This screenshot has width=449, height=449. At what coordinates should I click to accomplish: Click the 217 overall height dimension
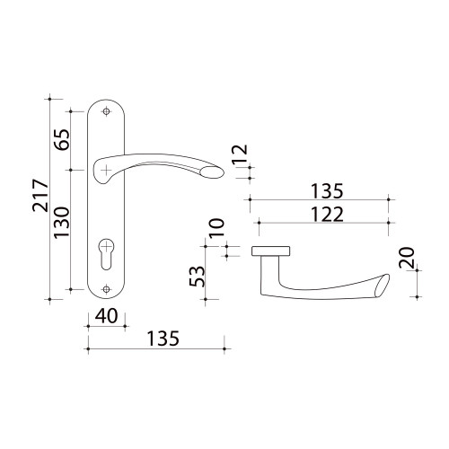coord(40,196)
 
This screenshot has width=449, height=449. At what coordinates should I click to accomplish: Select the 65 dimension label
coord(62,140)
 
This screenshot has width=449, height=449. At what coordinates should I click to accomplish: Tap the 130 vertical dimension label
coord(62,222)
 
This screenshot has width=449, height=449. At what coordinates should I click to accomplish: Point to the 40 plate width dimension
coord(107,316)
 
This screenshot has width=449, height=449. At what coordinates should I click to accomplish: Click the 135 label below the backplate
coord(163,339)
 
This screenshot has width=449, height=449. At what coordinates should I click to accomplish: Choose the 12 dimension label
coord(241,154)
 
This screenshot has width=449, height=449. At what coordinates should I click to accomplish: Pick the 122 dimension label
coord(327,215)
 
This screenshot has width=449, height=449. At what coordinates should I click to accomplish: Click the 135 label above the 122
coord(327,191)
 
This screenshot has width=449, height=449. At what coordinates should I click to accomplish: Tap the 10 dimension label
coord(216,228)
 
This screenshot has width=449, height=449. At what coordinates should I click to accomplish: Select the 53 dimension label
coord(198,277)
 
